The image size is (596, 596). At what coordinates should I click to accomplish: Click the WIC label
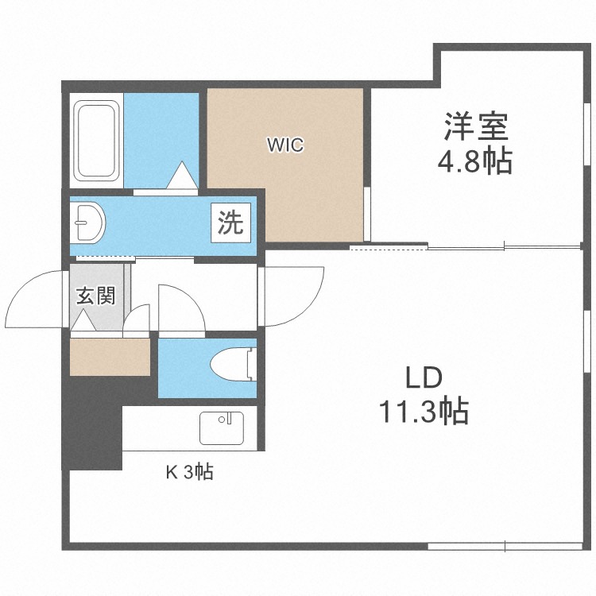click(x=285, y=145)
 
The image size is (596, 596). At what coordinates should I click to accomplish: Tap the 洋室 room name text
click(x=475, y=127)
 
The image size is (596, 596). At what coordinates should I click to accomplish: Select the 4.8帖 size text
click(x=474, y=163)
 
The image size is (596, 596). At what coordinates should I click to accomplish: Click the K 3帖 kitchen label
click(x=188, y=473)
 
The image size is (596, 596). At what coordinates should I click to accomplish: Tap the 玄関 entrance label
click(x=96, y=296)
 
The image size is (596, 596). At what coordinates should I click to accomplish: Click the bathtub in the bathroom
click(x=97, y=140)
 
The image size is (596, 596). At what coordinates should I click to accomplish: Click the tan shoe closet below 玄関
click(x=110, y=356)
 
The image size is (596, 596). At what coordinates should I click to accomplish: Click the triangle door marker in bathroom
click(x=182, y=175)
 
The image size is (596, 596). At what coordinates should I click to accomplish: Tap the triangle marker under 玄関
click(x=82, y=322)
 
